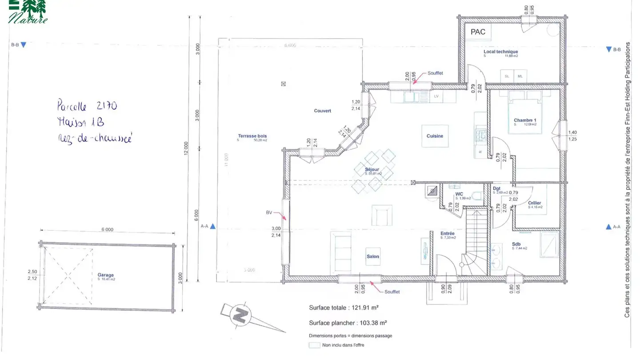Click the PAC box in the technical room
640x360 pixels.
tap(478, 32)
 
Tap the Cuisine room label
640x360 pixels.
tap(435, 136)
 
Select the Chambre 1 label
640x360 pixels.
tap(525, 120)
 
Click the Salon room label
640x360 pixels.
tap(373, 256)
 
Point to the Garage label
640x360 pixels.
tap(106, 275)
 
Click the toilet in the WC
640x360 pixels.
tap(476, 196)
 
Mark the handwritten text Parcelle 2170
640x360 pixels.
tap(87, 106)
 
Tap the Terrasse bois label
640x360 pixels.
tap(252, 136)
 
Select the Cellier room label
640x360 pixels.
tap(534, 203)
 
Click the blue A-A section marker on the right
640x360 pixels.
tap(609, 227)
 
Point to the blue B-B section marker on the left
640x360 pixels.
tap(24, 45)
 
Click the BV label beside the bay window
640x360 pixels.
tap(269, 213)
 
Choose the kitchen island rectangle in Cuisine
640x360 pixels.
tap(435, 136)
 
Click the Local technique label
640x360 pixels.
tap(500, 52)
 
